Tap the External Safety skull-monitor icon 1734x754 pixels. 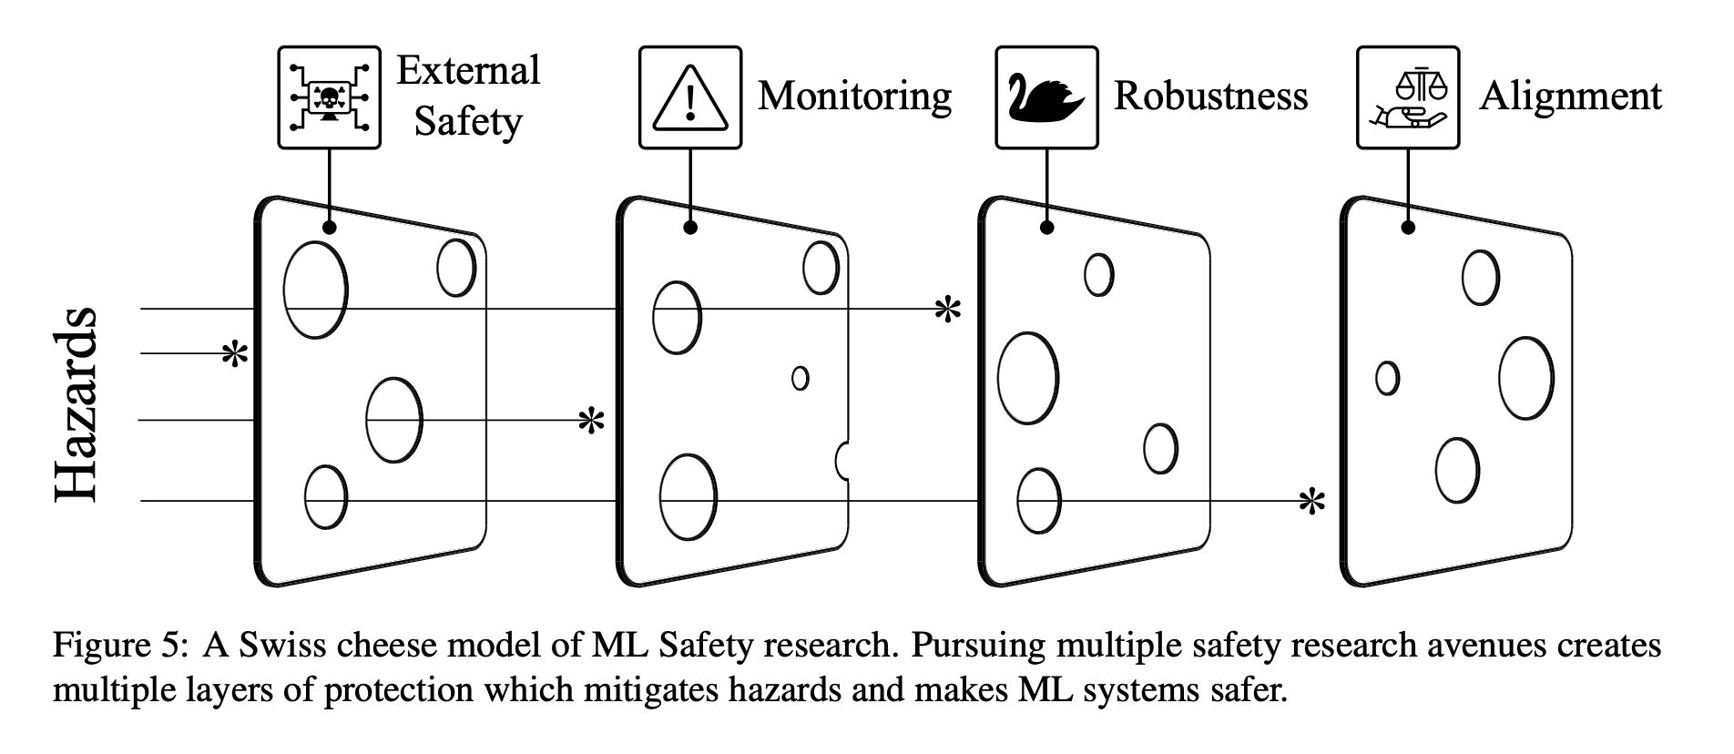[329, 97]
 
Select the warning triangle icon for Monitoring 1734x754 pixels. [689, 97]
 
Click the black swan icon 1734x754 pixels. [1046, 97]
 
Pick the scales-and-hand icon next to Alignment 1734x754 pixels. [1407, 97]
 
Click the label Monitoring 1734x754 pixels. [854, 96]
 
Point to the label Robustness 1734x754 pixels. [1210, 96]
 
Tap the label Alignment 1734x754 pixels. [1570, 96]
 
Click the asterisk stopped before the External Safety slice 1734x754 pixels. [235, 355]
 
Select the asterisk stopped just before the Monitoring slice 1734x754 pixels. [592, 421]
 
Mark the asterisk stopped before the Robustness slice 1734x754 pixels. [948, 311]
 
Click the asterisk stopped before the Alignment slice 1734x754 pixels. [1311, 502]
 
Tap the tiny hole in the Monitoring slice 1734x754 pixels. [800, 377]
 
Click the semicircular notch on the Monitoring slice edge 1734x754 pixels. [842, 460]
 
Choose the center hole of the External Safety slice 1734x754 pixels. [393, 420]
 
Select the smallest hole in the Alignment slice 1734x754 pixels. [1386, 377]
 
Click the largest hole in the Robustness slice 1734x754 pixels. [1027, 378]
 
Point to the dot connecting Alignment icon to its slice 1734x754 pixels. [1408, 228]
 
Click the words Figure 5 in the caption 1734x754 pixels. [118, 646]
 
